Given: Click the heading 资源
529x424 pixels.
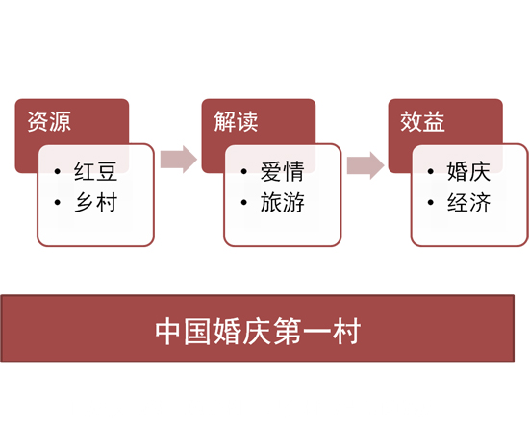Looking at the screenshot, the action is (x=49, y=122).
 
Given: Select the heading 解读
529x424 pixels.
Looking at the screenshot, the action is (x=236, y=122).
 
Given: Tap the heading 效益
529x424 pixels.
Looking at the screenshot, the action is (x=422, y=122).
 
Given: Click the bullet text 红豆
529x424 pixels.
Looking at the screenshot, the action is (x=95, y=171).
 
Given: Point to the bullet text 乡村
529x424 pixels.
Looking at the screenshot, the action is (x=95, y=202).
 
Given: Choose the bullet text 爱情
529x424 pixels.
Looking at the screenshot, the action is (x=282, y=171).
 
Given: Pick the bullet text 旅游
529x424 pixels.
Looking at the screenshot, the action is (x=282, y=202).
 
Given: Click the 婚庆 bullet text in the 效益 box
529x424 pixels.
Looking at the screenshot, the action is (x=468, y=171).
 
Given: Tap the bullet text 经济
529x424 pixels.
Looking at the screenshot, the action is (x=468, y=202).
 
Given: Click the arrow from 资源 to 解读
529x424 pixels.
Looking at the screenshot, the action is (x=179, y=160).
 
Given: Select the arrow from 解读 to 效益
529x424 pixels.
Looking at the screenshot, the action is (x=365, y=165).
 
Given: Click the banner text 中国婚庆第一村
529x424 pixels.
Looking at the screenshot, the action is (x=258, y=332).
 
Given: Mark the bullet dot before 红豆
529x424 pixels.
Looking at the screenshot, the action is (x=57, y=172).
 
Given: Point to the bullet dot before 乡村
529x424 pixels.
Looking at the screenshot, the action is (x=57, y=203).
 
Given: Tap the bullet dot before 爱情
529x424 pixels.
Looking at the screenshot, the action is (x=244, y=172).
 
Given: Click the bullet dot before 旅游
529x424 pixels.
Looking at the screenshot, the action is (x=244, y=203).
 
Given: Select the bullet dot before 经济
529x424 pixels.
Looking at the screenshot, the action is (x=431, y=203).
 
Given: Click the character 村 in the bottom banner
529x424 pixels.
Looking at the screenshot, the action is (x=346, y=332).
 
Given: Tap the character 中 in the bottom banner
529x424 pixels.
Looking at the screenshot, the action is (x=168, y=332).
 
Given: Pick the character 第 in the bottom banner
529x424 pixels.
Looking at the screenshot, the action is (x=288, y=332).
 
